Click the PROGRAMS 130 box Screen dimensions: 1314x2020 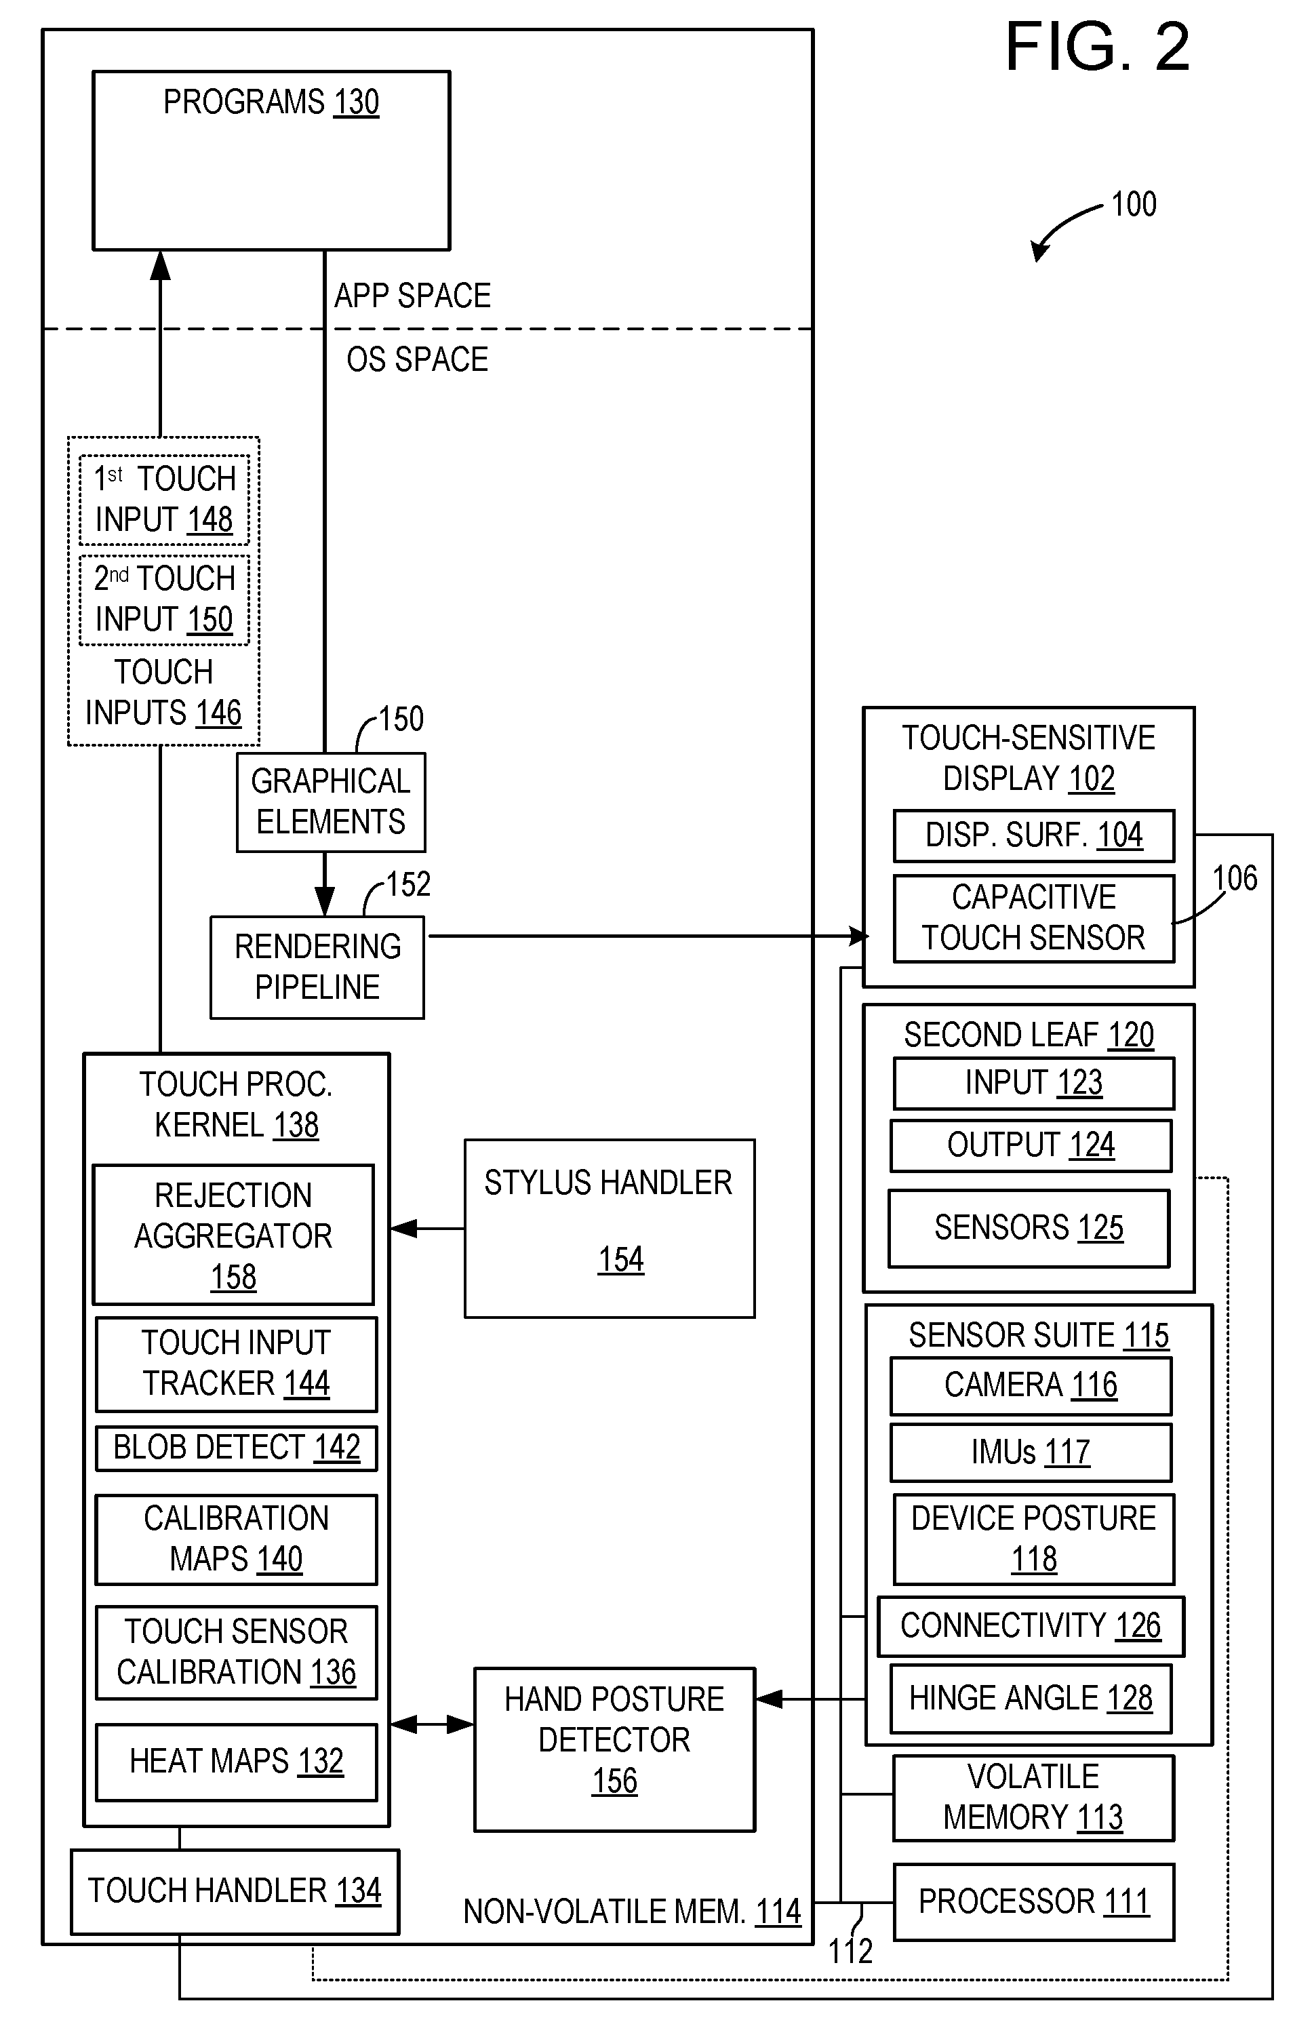pyautogui.click(x=271, y=161)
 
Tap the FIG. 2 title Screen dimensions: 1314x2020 pyautogui.click(x=1097, y=47)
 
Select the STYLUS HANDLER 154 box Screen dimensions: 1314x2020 pyautogui.click(x=610, y=1228)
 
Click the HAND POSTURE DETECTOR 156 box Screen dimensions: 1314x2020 pyautogui.click(x=614, y=1749)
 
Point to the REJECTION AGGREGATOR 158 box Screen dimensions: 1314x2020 pyautogui.click(x=233, y=1235)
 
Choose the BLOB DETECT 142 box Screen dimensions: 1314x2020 pyautogui.click(x=236, y=1448)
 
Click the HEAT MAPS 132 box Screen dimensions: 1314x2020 pyautogui.click(x=236, y=1761)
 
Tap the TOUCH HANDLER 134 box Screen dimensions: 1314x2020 pyautogui.click(x=235, y=1891)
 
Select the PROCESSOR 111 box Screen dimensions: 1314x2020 pyautogui.click(x=1034, y=1901)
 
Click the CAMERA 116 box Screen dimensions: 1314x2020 pyautogui.click(x=1031, y=1385)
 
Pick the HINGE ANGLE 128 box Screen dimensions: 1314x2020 pyautogui.click(x=1031, y=1699)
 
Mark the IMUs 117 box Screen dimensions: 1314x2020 pyautogui.click(x=1031, y=1452)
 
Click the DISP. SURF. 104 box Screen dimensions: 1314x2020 pyautogui.click(x=1034, y=835)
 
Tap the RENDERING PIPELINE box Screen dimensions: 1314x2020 pyautogui.click(x=317, y=967)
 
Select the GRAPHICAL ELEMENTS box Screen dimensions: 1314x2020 pyautogui.click(x=331, y=802)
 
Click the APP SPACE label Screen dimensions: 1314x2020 pyautogui.click(x=412, y=296)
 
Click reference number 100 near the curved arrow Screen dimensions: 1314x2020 pyautogui.click(x=1134, y=205)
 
